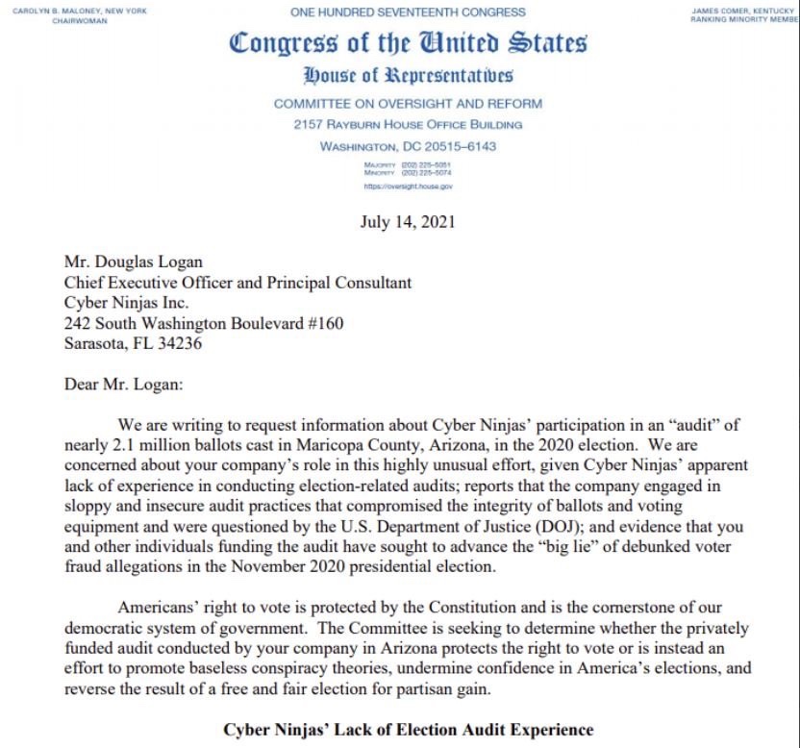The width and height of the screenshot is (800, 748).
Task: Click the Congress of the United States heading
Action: [x=408, y=44]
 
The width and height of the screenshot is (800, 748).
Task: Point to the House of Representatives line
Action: [x=408, y=76]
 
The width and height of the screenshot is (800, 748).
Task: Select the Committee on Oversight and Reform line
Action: [x=408, y=104]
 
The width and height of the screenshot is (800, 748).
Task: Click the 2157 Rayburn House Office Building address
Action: [x=408, y=125]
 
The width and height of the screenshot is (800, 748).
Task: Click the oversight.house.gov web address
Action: [x=408, y=186]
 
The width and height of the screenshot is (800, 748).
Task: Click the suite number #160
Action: [x=324, y=323]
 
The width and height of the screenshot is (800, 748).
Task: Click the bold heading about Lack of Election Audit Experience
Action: [x=408, y=730]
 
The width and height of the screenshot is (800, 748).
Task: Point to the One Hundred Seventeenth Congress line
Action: [x=408, y=12]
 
